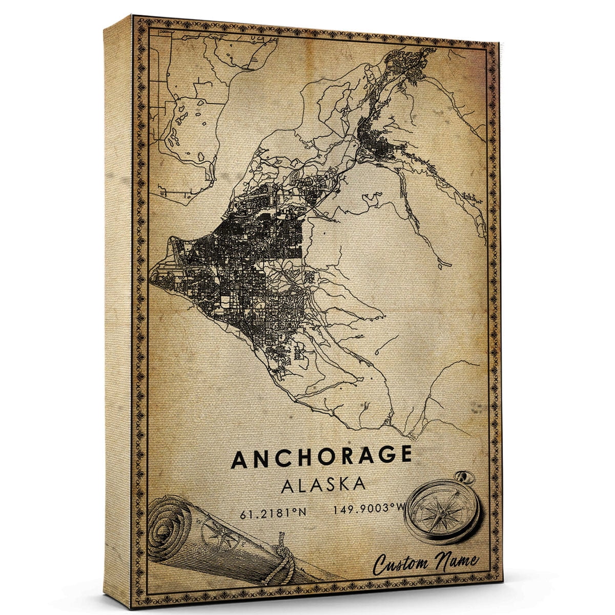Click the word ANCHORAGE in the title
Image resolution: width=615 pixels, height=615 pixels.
321,458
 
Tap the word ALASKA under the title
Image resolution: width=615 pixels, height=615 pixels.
323,484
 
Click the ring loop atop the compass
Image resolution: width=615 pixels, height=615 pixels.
466,477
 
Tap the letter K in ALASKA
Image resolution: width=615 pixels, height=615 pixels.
342,484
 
